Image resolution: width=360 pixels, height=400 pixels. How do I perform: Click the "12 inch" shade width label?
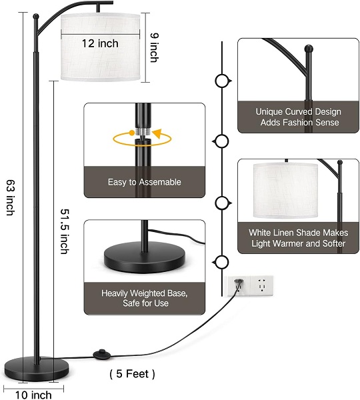click(100, 43)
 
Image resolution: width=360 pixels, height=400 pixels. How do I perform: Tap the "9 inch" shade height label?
click(154, 48)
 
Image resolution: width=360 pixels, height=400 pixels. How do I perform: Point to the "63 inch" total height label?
click(11, 198)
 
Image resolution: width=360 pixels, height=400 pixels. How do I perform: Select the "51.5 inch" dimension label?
click(65, 231)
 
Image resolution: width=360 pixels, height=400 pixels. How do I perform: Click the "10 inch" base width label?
click(33, 395)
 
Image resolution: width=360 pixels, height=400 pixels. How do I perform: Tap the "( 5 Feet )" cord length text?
click(132, 374)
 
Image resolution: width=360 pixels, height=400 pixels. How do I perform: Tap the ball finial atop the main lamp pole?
click(36, 16)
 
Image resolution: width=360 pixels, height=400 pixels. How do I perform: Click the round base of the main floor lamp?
click(37, 369)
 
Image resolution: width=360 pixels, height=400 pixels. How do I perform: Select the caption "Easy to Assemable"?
click(145, 182)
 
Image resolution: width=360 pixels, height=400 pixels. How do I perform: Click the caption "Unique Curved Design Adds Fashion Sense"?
click(299, 117)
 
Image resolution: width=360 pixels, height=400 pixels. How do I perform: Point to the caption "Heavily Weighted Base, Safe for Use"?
click(145, 298)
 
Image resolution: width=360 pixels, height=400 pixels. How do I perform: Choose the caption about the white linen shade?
click(299, 238)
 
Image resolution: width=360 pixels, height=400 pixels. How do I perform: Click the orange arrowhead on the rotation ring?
click(158, 133)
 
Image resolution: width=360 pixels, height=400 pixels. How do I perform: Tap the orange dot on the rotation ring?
click(131, 133)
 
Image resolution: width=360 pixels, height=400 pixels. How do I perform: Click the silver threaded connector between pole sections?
click(143, 131)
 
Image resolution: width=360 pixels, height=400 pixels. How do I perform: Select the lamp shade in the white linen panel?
click(286, 191)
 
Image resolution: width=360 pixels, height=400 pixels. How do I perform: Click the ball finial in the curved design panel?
click(309, 48)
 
